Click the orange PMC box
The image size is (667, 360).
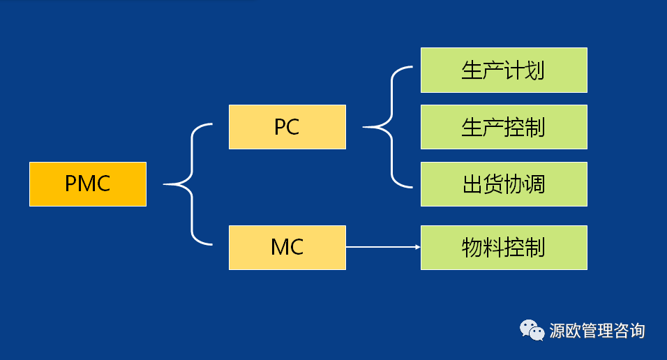click(x=88, y=183)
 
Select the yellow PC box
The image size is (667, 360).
click(x=287, y=127)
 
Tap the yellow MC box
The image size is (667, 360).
click(x=287, y=247)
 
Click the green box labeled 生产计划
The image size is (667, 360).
click(x=504, y=70)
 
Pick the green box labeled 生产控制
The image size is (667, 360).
click(x=504, y=127)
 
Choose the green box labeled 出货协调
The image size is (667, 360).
click(x=504, y=183)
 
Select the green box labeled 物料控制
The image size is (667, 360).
click(x=504, y=247)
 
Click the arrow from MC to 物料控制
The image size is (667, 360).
click(x=383, y=247)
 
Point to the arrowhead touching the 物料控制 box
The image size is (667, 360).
click(x=418, y=247)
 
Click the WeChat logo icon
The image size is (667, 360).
click(x=532, y=330)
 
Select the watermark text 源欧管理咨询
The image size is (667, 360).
click(x=597, y=331)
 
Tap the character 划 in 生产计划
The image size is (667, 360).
click(x=534, y=70)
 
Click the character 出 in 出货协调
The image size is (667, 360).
click(x=472, y=184)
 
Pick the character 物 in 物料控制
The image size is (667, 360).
click(x=472, y=248)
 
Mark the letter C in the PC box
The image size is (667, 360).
click(x=292, y=127)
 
